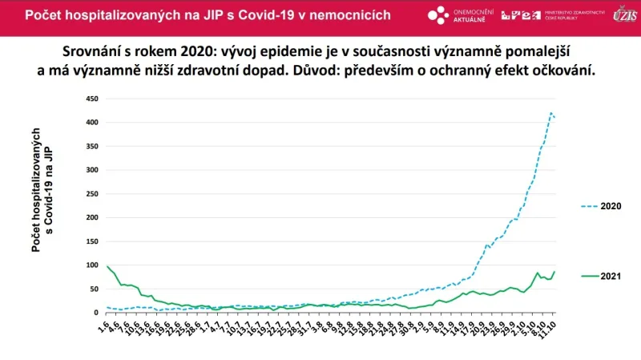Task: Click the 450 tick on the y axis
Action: [91, 99]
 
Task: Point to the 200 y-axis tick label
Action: [91, 217]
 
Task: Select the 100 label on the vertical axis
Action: [91, 265]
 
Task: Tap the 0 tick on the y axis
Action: [96, 312]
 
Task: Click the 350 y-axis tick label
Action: [91, 146]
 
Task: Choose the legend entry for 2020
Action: [601, 206]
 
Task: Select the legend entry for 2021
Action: [601, 276]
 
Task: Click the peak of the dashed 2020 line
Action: [551, 113]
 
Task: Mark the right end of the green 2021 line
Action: [554, 272]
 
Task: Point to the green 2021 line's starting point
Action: [107, 266]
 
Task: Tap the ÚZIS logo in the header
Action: [623, 14]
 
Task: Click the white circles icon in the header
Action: [437, 15]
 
